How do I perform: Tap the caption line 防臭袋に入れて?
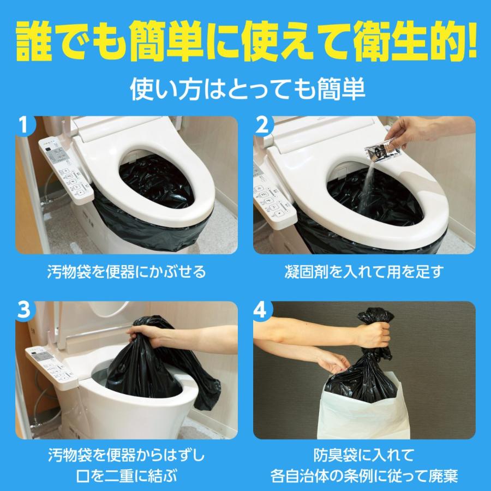(364, 454)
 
